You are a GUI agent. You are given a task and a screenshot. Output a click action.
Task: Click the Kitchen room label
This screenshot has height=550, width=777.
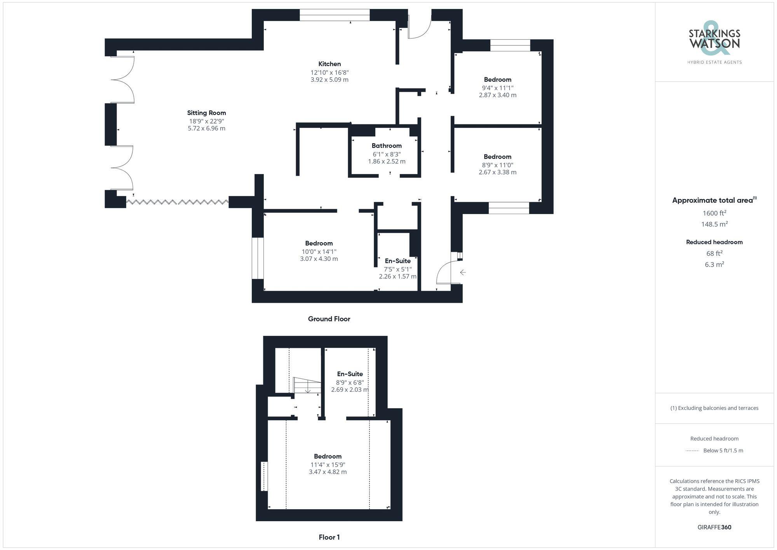click(x=329, y=64)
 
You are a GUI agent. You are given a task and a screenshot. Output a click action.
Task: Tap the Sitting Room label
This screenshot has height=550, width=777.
click(x=206, y=113)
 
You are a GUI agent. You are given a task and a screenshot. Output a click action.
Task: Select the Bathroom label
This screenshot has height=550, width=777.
click(x=387, y=146)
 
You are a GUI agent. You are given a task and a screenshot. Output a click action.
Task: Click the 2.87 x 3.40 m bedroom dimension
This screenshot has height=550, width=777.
click(x=497, y=95)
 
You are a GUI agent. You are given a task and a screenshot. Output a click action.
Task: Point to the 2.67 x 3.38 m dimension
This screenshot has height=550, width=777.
click(x=497, y=172)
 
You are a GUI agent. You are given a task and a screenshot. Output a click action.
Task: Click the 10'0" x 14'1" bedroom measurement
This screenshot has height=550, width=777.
click(x=319, y=251)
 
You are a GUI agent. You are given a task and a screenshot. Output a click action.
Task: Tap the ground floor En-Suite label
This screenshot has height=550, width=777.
click(x=397, y=261)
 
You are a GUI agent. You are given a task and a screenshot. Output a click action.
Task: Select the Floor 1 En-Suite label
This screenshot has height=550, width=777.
click(x=350, y=374)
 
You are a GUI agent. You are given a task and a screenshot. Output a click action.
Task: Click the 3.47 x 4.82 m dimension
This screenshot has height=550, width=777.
click(x=328, y=472)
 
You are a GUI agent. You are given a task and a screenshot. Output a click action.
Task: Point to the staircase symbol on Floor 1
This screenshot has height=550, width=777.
click(x=307, y=386)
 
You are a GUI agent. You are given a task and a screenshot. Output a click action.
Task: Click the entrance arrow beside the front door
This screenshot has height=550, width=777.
click(x=462, y=272)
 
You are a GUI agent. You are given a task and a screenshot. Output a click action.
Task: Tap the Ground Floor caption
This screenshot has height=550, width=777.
click(x=329, y=319)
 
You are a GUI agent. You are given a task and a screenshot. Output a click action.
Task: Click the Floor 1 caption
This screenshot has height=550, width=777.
click(x=329, y=537)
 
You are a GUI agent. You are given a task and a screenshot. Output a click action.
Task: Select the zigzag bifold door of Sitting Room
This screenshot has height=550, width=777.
click(x=177, y=202)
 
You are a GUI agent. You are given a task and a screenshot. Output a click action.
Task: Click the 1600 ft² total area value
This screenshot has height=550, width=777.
click(x=714, y=213)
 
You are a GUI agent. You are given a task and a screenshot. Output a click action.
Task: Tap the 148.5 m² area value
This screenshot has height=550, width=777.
click(x=714, y=224)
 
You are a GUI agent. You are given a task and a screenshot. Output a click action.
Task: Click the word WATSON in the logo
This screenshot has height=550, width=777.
click(x=714, y=43)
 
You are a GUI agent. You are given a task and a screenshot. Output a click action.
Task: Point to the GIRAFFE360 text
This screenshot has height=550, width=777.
click(x=714, y=527)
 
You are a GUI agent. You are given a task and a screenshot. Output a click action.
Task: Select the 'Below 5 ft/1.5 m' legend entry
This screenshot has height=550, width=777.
click(x=723, y=450)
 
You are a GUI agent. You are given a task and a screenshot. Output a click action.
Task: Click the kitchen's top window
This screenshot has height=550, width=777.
click(x=334, y=15)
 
